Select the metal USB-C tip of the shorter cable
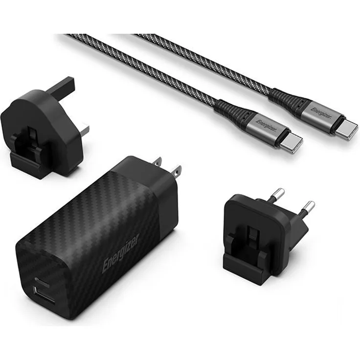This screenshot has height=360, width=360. pos(292,142)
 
